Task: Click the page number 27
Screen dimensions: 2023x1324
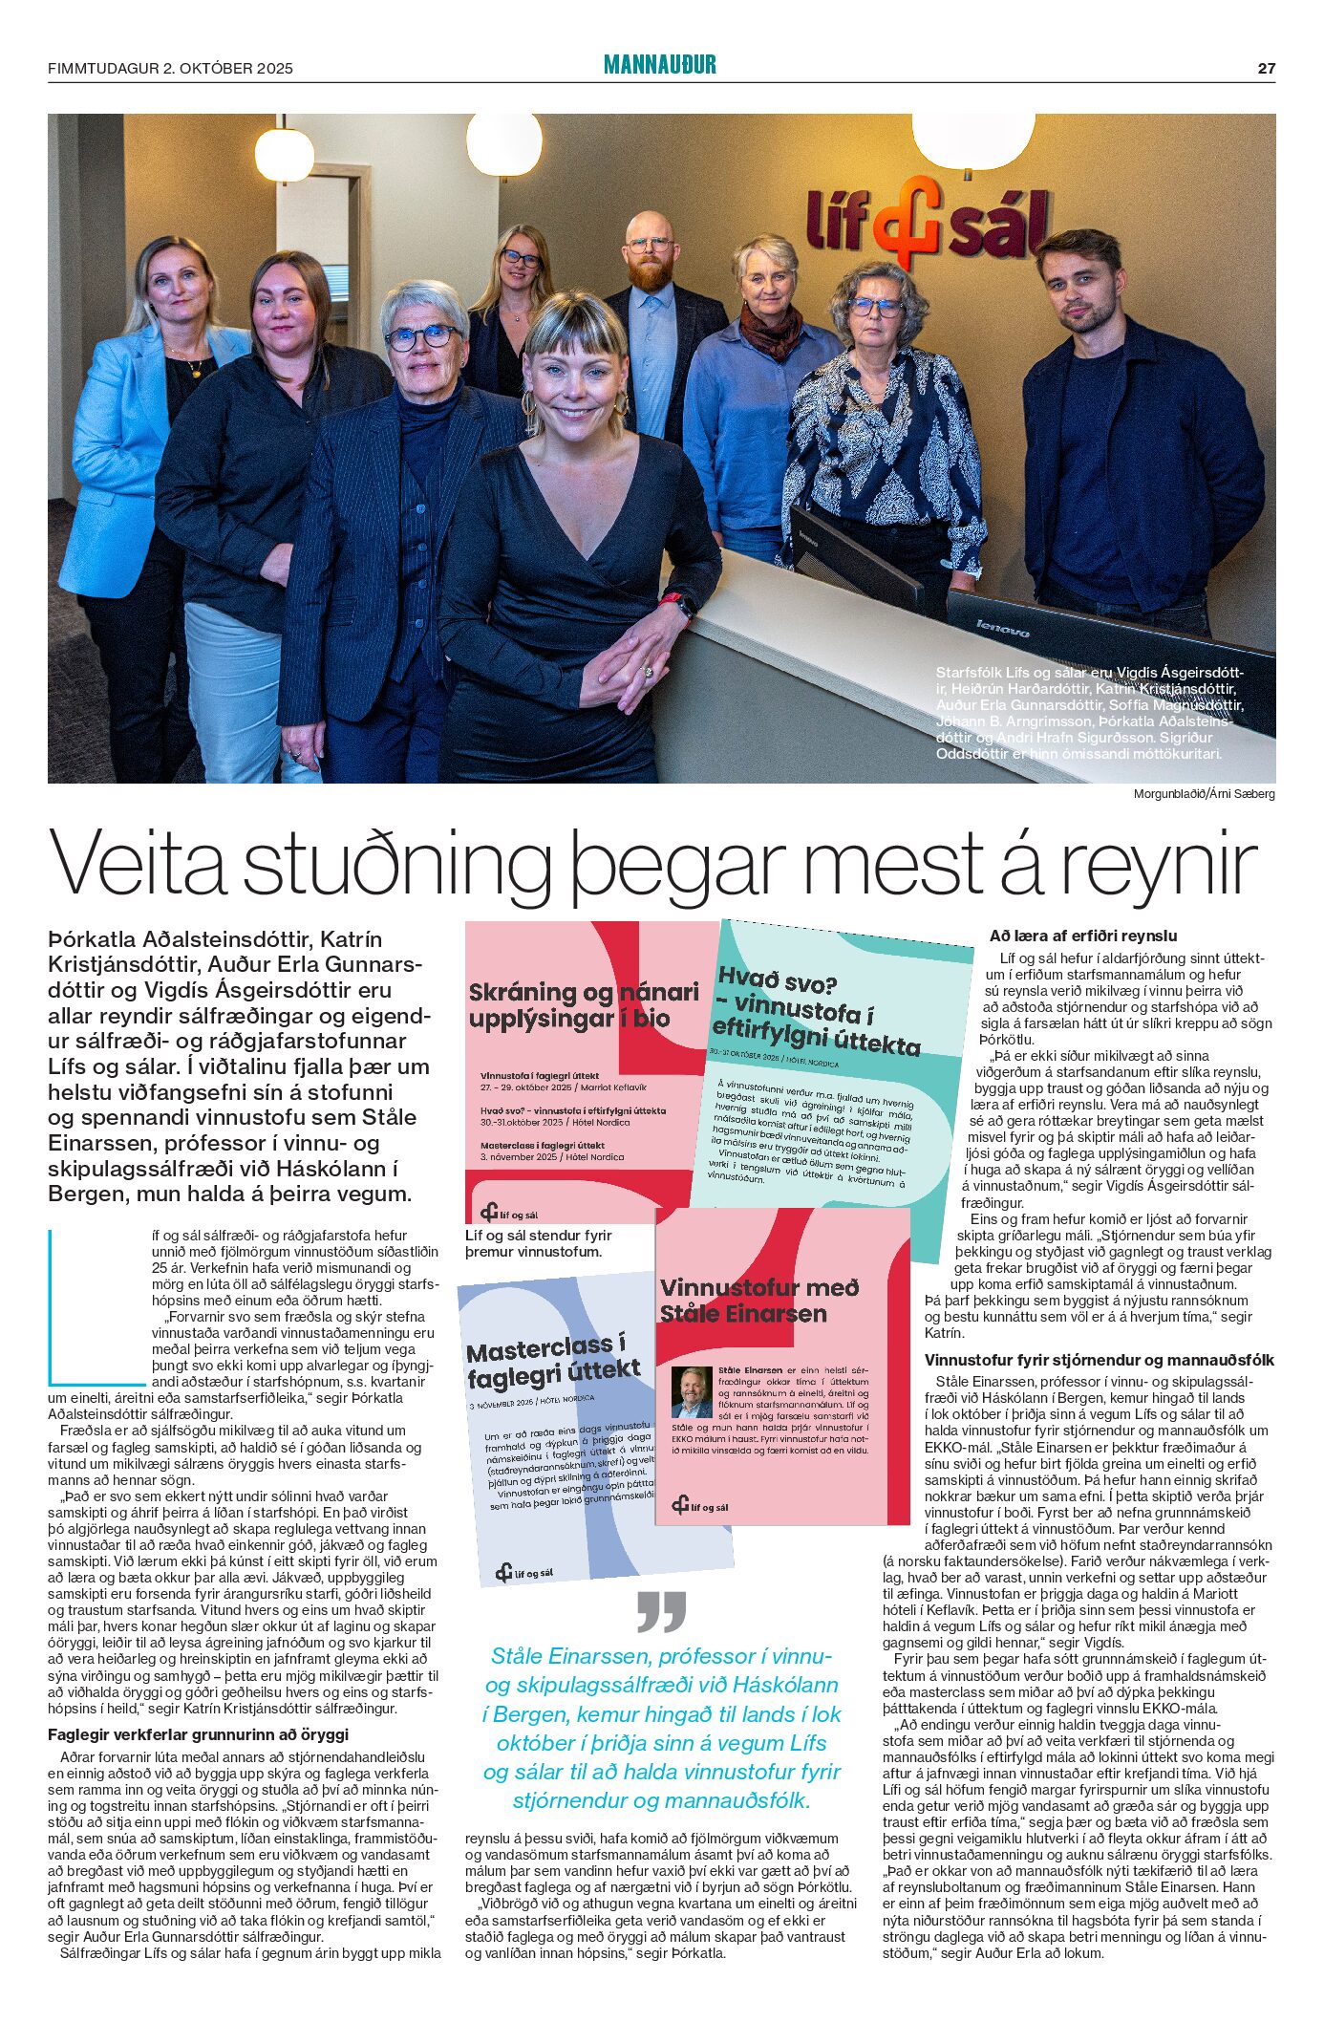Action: (x=1266, y=68)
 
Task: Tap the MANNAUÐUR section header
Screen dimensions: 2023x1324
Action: (x=659, y=65)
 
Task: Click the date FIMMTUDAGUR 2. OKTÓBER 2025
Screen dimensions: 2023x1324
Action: (x=170, y=69)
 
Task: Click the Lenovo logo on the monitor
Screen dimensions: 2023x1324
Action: (x=1002, y=628)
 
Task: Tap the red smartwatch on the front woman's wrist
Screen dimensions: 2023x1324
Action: (x=676, y=604)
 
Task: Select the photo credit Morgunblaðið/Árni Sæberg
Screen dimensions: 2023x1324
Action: (x=1204, y=794)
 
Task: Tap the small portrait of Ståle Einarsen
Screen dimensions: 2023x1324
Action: (x=691, y=1391)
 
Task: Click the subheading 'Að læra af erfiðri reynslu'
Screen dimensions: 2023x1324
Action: (x=1083, y=936)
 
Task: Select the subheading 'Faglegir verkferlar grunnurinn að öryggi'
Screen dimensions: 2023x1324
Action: (x=199, y=1734)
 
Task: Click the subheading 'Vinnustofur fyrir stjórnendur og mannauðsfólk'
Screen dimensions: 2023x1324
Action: (x=1099, y=1360)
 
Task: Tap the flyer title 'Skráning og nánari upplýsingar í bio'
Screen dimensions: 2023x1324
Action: (x=583, y=1005)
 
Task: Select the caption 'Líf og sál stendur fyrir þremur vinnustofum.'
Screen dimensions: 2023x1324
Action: (x=539, y=1243)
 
